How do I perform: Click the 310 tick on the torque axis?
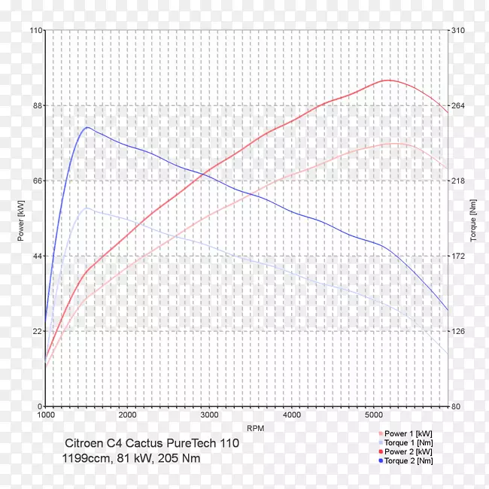[x=458, y=31]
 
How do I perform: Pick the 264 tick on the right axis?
[x=458, y=106]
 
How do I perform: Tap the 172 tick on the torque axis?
[x=458, y=257]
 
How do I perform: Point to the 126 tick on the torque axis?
[x=458, y=332]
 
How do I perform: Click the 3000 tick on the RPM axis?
[x=210, y=415]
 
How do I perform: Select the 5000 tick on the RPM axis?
[x=374, y=415]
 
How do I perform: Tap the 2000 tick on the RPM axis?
[x=128, y=415]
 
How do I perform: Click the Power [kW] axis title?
[x=21, y=219]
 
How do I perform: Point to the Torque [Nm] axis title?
[x=473, y=219]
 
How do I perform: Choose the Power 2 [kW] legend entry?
[x=408, y=451]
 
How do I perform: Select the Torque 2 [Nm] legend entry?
[x=408, y=460]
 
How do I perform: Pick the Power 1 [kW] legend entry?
[x=408, y=434]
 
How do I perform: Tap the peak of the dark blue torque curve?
[x=87, y=127]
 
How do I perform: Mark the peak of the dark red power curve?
[x=387, y=80]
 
